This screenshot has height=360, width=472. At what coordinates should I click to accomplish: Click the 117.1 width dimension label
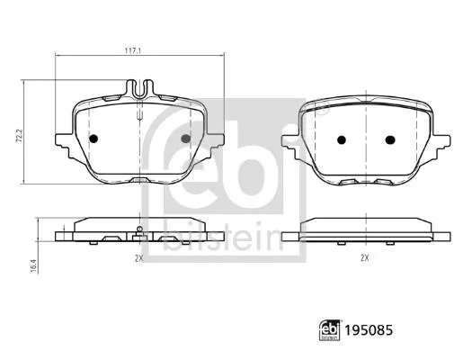(x=133, y=51)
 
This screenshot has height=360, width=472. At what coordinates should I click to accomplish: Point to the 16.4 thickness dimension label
(x=33, y=266)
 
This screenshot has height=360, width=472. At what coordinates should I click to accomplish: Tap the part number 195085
(x=369, y=330)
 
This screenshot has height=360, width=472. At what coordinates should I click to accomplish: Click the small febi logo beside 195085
(x=330, y=330)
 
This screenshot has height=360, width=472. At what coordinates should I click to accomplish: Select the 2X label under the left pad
(x=138, y=258)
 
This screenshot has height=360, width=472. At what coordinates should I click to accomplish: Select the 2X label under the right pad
(x=365, y=258)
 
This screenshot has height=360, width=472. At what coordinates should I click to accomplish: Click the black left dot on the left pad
(x=94, y=139)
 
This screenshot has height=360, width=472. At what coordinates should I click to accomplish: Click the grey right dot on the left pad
(x=186, y=139)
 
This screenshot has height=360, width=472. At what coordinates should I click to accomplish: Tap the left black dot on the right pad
(x=342, y=139)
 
